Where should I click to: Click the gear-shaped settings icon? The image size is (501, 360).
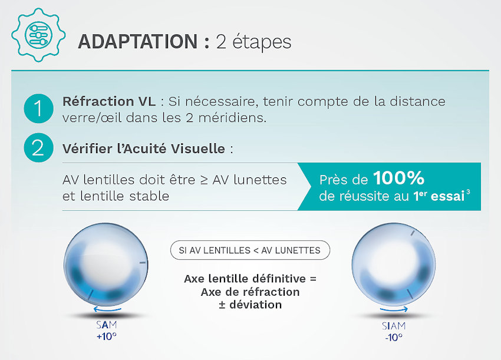(38, 35)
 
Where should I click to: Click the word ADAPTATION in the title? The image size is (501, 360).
(138, 41)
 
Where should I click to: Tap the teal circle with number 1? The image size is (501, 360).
(38, 108)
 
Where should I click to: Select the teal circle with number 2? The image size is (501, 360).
(38, 148)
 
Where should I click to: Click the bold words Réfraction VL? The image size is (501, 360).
(109, 101)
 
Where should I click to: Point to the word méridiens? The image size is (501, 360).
(232, 118)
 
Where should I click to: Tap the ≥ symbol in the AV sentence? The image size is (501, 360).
(204, 180)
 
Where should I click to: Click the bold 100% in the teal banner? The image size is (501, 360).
(399, 179)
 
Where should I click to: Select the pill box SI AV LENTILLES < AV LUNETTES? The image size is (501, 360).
(250, 250)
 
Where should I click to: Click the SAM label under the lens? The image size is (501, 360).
(107, 325)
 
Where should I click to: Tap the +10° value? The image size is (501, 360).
(107, 336)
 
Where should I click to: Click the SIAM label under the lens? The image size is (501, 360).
(394, 326)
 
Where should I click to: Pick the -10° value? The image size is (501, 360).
(394, 338)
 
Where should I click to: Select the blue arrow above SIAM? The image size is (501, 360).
(394, 309)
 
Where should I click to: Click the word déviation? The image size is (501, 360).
(255, 305)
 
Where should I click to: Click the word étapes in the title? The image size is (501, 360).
(262, 42)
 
